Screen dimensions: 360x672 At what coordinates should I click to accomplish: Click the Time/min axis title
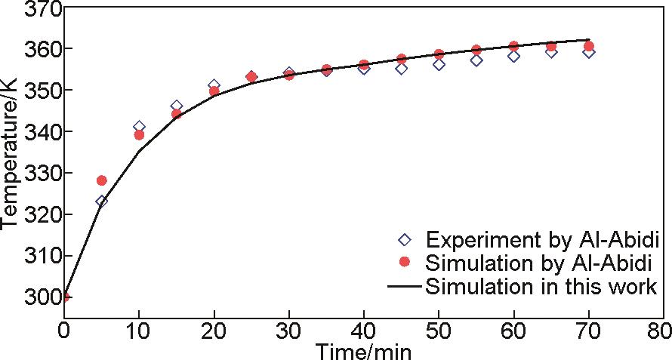(363, 351)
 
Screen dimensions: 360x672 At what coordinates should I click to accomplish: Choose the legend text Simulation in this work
(541, 286)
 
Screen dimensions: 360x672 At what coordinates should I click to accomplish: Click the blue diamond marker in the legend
(405, 240)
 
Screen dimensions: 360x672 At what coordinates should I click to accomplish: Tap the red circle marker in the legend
(405, 262)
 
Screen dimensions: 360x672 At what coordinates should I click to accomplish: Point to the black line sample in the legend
(405, 286)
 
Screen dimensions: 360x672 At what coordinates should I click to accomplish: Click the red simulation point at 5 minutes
(102, 180)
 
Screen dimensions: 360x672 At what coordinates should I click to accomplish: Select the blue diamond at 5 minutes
(102, 202)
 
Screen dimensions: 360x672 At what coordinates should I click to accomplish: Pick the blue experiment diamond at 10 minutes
(139, 127)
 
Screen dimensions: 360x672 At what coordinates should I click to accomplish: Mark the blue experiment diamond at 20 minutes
(214, 85)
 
